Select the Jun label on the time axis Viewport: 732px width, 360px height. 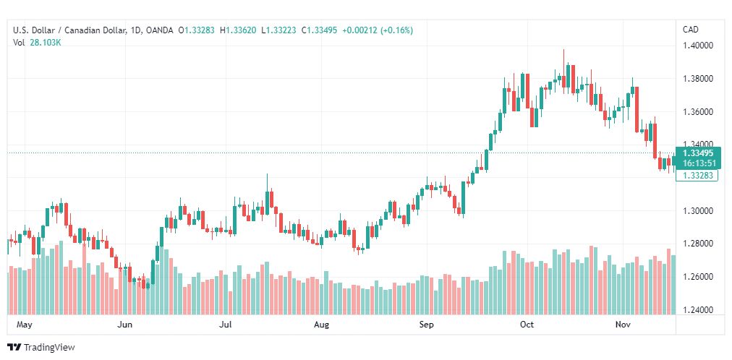[124, 325]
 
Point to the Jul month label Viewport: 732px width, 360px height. [226, 325]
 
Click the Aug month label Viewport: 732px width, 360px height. [321, 325]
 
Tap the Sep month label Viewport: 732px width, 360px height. [427, 325]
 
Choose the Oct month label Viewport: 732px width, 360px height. [527, 325]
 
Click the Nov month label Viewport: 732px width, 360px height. [623, 325]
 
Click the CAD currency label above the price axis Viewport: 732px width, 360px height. [691, 30]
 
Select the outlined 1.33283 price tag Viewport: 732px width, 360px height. [697, 176]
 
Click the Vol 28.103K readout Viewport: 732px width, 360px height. [38, 43]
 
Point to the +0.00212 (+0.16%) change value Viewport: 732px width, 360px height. [377, 30]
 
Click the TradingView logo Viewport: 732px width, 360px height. [41, 348]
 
